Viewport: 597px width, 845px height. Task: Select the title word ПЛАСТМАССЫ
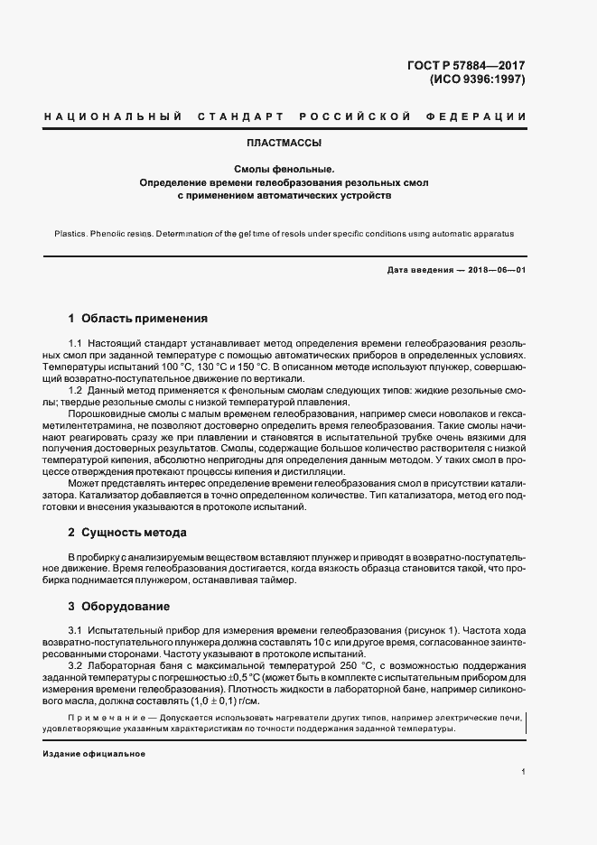285,143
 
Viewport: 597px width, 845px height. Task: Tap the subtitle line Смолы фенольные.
285,169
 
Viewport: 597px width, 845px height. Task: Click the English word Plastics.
73,233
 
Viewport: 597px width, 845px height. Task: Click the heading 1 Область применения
138,319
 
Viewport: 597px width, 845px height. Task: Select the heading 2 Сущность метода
127,533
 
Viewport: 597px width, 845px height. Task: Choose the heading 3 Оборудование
120,606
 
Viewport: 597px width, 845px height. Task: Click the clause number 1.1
76,346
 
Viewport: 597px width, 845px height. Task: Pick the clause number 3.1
76,629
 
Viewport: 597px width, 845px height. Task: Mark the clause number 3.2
76,665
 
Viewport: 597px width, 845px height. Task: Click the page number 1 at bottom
524,773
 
